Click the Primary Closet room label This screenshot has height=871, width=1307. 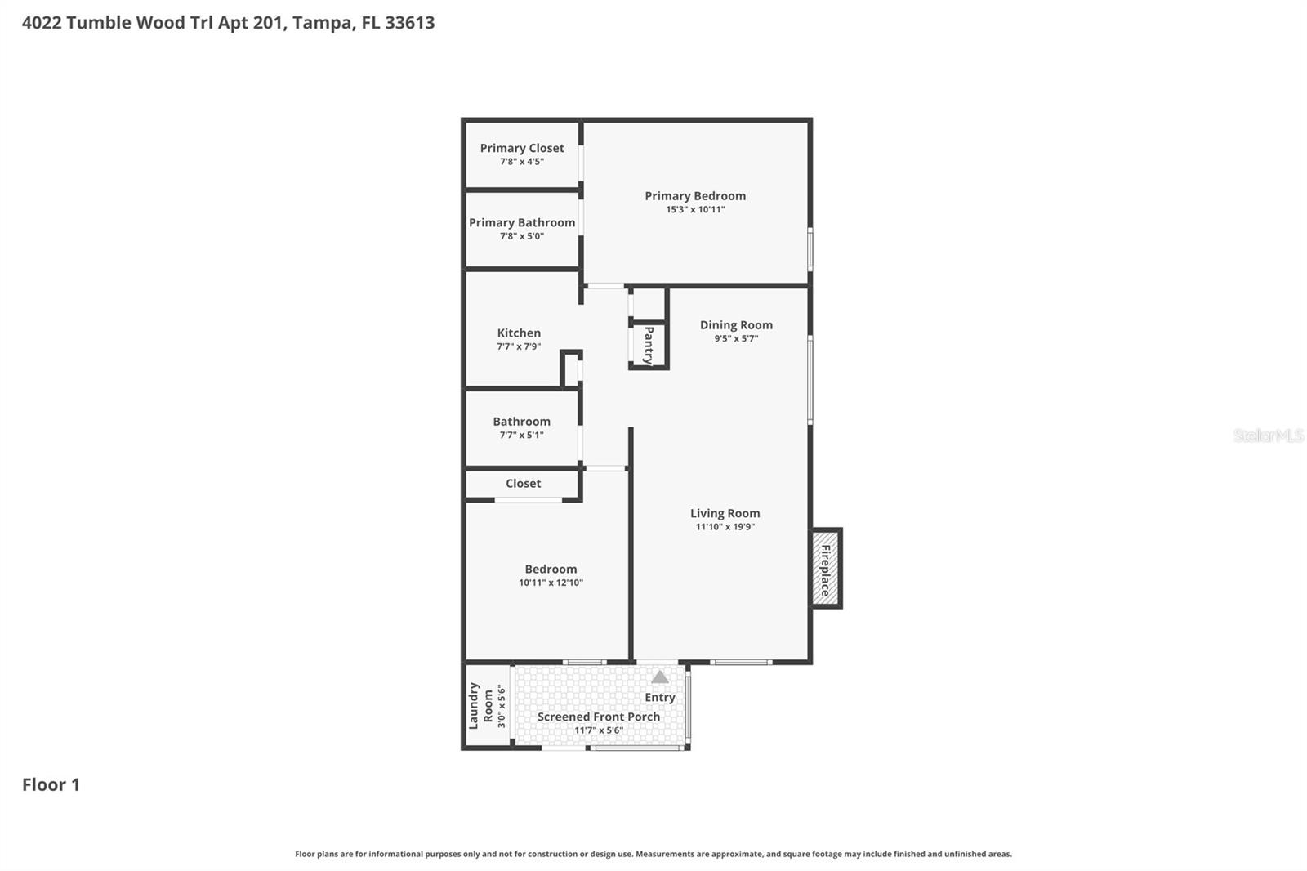521,148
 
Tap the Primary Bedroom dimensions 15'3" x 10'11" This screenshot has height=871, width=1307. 695,209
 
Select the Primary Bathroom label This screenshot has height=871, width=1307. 521,222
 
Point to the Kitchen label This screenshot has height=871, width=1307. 519,333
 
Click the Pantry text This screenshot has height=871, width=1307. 649,346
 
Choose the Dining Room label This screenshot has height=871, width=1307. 736,324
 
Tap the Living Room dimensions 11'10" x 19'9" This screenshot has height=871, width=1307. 725,527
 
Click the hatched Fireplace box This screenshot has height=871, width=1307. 825,569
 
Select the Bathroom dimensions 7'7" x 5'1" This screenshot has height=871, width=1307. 521,435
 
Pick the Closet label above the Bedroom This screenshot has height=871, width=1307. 523,483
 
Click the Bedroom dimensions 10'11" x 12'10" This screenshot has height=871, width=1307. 551,583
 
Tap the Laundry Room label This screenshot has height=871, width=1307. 481,706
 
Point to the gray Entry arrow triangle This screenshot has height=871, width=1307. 660,677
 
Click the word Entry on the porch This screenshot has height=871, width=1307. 660,697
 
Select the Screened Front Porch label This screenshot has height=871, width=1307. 598,717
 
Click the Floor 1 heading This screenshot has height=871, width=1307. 51,784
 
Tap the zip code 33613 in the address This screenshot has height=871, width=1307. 409,22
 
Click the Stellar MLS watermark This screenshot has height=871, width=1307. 1268,435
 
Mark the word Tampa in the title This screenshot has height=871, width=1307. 323,22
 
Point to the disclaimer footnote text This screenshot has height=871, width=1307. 653,854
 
